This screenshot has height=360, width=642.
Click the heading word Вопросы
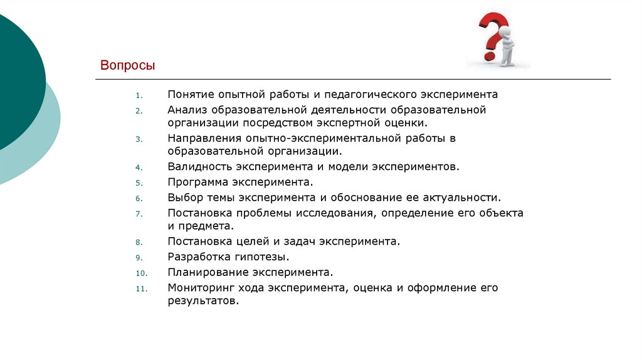127,66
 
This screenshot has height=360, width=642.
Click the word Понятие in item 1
190,95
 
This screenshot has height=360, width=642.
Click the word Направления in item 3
201,137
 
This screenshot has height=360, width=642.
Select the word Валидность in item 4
199,167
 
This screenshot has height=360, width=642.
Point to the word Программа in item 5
198,183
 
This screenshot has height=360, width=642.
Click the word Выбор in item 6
184,198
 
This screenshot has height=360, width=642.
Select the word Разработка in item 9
197,257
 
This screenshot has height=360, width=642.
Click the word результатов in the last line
203,301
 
